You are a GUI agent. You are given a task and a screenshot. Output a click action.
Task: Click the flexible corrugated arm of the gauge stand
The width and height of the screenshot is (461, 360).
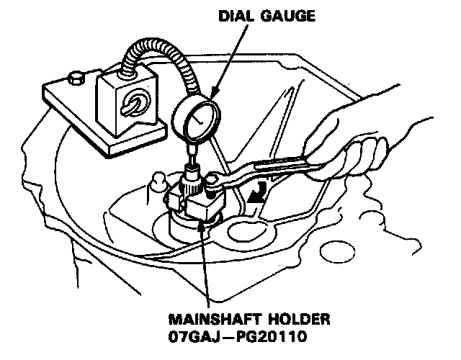[x=155, y=65]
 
